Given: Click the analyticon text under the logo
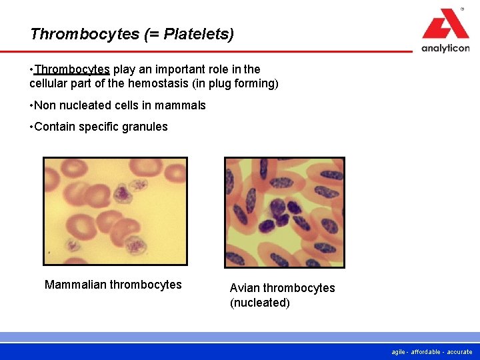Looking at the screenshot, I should [x=445, y=48].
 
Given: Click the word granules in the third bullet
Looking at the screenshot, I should [x=146, y=127].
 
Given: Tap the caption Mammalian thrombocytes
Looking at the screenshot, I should [x=113, y=285].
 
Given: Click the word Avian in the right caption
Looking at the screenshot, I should [x=245, y=288].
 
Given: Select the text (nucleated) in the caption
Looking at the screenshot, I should [x=260, y=303].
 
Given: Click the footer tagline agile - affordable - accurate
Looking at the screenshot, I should [x=433, y=352].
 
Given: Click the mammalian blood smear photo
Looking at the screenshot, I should [x=115, y=211].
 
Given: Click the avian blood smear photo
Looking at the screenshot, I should [x=285, y=213].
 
